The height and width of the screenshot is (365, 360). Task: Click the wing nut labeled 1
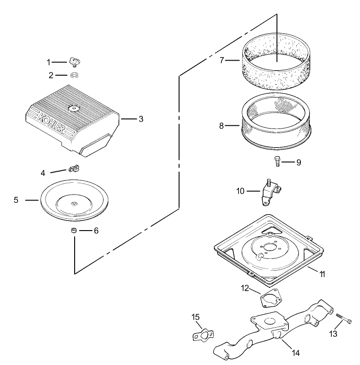click(75, 61)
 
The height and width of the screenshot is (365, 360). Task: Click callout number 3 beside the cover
click(141, 119)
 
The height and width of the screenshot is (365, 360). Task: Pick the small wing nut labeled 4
click(73, 170)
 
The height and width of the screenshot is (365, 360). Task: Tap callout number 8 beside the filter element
click(222, 126)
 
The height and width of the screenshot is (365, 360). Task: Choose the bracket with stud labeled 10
click(268, 190)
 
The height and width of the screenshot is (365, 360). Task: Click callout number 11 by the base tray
click(322, 274)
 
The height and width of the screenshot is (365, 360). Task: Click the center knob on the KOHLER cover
click(73, 108)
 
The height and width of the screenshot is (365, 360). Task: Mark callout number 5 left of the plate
click(16, 200)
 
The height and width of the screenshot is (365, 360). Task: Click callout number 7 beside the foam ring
click(222, 60)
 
